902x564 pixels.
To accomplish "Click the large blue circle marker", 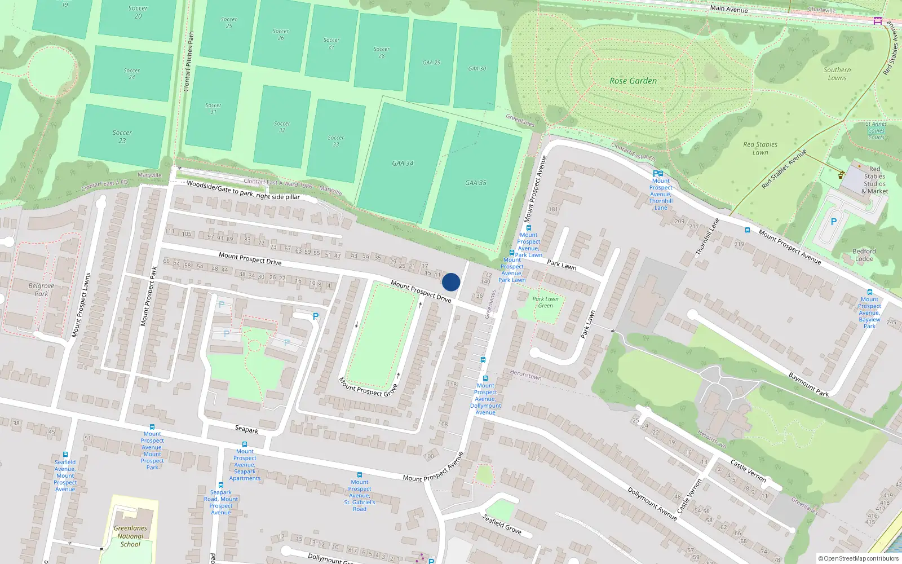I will click(x=451, y=282).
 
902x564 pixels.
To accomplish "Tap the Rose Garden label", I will click(x=633, y=81).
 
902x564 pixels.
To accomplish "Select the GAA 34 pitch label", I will click(x=403, y=163).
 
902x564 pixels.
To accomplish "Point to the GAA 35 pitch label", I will click(x=475, y=183).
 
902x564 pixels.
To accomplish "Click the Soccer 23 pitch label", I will click(x=122, y=136).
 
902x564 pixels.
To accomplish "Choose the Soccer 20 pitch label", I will click(x=138, y=12).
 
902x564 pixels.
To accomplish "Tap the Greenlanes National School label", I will click(x=130, y=536).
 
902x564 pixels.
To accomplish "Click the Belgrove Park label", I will click(x=42, y=289).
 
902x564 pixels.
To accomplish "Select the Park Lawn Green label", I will click(x=545, y=302).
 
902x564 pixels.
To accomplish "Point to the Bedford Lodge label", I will click(x=864, y=255).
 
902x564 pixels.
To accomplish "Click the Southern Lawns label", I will click(x=837, y=74).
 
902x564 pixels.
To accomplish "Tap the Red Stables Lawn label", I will click(x=760, y=148).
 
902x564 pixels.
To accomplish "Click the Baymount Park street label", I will click(x=808, y=385).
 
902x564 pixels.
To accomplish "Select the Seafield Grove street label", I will click(x=502, y=524).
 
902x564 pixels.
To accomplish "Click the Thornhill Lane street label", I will click(x=708, y=236).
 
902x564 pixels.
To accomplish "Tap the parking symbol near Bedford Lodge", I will click(x=834, y=222).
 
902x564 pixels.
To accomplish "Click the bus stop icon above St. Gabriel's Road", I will click(x=360, y=475).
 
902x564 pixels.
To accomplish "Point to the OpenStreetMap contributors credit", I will click(x=859, y=559).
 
